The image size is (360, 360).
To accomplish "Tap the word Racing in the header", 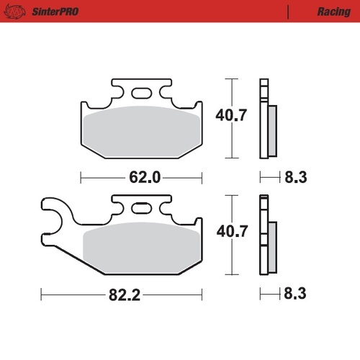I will coord(333,12).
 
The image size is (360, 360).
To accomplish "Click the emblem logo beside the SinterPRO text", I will coord(17,12).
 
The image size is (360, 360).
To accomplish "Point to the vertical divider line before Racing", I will coord(288,12).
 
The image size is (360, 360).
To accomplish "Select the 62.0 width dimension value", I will coord(140,176).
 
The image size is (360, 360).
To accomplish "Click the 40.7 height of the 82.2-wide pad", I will coord(232,232).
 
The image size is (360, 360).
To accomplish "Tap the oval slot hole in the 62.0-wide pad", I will coord(141,92).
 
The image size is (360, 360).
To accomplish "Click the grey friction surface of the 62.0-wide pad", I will coord(141,130).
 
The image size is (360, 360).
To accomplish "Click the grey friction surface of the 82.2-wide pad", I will coord(141,248).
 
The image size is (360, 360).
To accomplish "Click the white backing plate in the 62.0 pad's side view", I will coord(263,119).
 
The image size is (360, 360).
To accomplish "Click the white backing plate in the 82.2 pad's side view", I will coord(263,238).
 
